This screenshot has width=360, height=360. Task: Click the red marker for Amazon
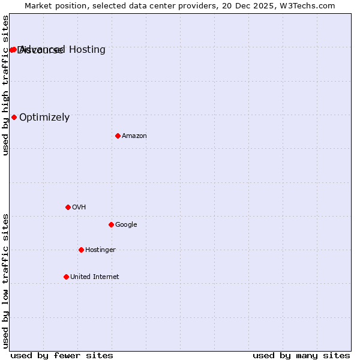[118, 136]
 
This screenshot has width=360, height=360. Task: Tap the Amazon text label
[134, 136]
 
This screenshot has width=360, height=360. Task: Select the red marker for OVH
[68, 207]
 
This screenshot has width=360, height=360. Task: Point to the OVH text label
[79, 208]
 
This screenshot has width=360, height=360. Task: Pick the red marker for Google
[111, 224]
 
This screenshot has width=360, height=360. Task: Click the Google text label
[126, 225]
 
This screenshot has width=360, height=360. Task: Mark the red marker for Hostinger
[81, 250]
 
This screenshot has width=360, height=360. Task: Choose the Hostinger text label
[100, 250]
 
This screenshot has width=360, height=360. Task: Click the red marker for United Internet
[66, 277]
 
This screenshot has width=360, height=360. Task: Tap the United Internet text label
[95, 277]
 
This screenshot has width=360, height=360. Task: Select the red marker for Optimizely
[14, 117]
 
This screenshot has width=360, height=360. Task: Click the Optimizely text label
[44, 118]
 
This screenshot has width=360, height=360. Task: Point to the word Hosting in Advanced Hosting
[87, 49]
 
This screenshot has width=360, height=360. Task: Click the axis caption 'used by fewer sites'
[62, 355]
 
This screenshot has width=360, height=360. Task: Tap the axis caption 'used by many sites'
[301, 355]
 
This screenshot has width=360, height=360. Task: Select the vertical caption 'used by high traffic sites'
[6, 85]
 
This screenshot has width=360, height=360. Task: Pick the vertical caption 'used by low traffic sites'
[6, 280]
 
